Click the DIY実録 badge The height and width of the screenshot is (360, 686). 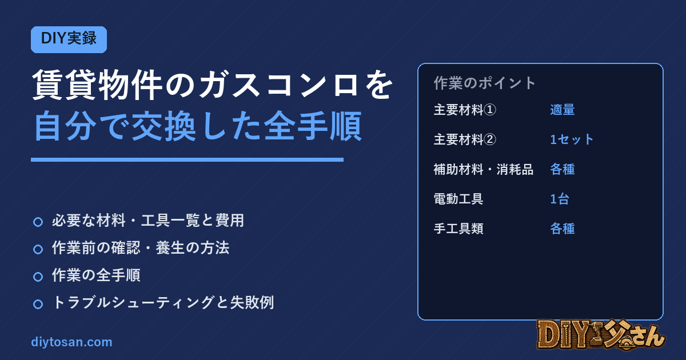pyautogui.click(x=69, y=39)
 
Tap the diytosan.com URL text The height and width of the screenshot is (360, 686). pyautogui.click(x=71, y=342)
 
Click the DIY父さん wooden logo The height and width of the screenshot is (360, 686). pyautogui.click(x=601, y=335)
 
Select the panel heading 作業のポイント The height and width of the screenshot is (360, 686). pyautogui.click(x=485, y=83)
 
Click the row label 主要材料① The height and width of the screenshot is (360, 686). pyautogui.click(x=465, y=110)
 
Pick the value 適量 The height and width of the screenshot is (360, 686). pyautogui.click(x=563, y=110)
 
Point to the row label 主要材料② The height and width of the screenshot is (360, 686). pyautogui.click(x=465, y=139)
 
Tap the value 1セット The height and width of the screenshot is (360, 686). pyautogui.click(x=572, y=139)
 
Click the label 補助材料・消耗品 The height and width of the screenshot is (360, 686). pyautogui.click(x=484, y=169)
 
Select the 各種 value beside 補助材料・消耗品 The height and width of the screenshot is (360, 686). pyautogui.click(x=563, y=169)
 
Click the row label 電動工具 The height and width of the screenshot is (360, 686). pyautogui.click(x=458, y=199)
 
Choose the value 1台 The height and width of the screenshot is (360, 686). pyautogui.click(x=560, y=199)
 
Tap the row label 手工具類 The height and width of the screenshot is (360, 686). pyautogui.click(x=458, y=229)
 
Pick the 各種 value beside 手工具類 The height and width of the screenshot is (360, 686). pyautogui.click(x=563, y=229)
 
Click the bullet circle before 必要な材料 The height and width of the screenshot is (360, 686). pyautogui.click(x=38, y=222)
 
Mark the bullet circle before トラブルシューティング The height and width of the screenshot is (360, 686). pyautogui.click(x=38, y=304)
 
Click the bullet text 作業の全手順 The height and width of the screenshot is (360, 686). pyautogui.click(x=96, y=275)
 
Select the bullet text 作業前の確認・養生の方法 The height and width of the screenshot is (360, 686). pyautogui.click(x=141, y=247)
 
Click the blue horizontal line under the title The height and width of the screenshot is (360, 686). pyautogui.click(x=187, y=160)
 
